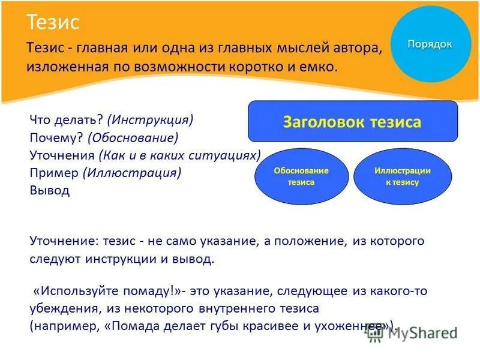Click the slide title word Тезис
click(53, 23)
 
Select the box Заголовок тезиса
click(352, 122)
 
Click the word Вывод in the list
click(49, 191)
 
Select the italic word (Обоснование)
click(133, 137)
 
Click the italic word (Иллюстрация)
click(134, 173)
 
